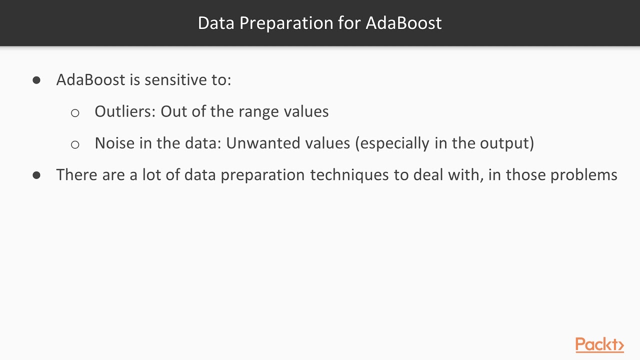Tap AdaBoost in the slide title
point(403,23)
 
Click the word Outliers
point(125,111)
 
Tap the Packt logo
point(599,345)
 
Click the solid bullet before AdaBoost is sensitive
point(36,80)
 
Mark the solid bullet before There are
point(36,175)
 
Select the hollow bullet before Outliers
point(75,112)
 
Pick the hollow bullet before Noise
point(75,144)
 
